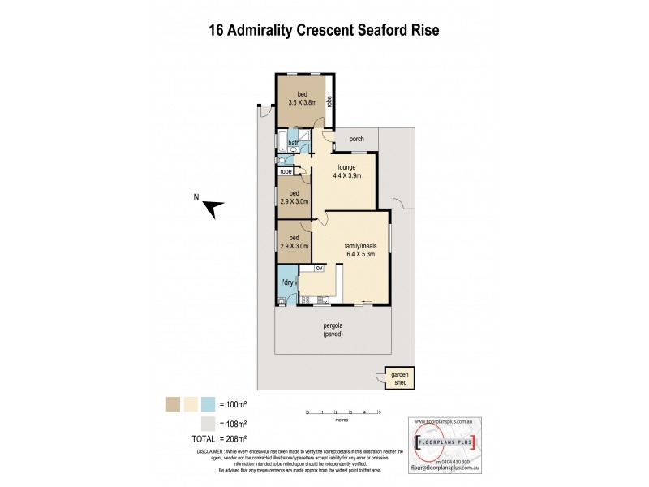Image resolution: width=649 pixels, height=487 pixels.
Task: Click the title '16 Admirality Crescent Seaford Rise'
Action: [324, 30]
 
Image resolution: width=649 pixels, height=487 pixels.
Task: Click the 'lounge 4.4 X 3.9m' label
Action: [345, 171]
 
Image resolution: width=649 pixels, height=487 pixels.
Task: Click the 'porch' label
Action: [357, 140]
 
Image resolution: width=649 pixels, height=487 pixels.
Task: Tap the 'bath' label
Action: [294, 144]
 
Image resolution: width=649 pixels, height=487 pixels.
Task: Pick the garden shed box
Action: [399, 377]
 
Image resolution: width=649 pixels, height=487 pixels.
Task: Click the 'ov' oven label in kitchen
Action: [319, 268]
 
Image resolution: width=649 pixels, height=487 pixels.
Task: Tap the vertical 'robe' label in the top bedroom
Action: [329, 101]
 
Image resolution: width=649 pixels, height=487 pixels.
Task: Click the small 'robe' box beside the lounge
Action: [286, 171]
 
